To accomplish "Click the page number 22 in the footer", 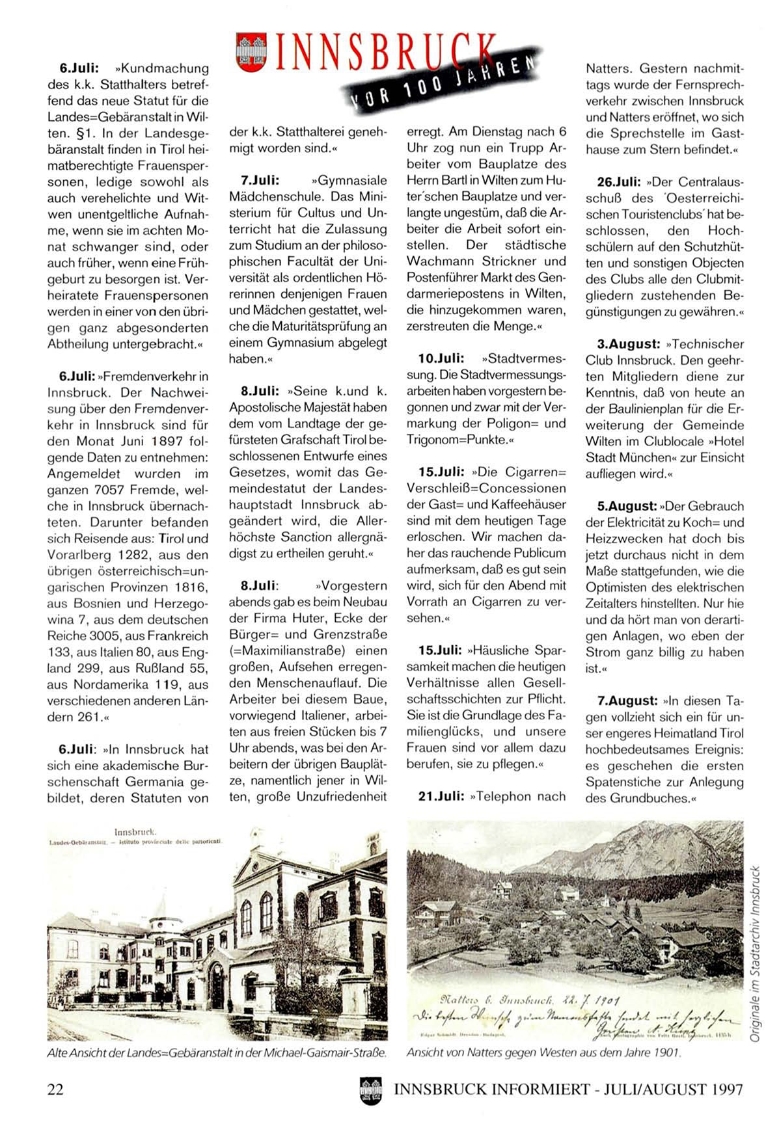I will click(x=56, y=1089).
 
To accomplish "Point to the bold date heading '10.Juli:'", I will click(x=441, y=358).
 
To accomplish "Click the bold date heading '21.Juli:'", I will click(x=441, y=796).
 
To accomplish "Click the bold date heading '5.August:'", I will click(x=627, y=506).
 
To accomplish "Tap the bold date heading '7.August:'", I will click(x=627, y=701).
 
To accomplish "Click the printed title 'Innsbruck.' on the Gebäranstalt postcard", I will click(x=135, y=831).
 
